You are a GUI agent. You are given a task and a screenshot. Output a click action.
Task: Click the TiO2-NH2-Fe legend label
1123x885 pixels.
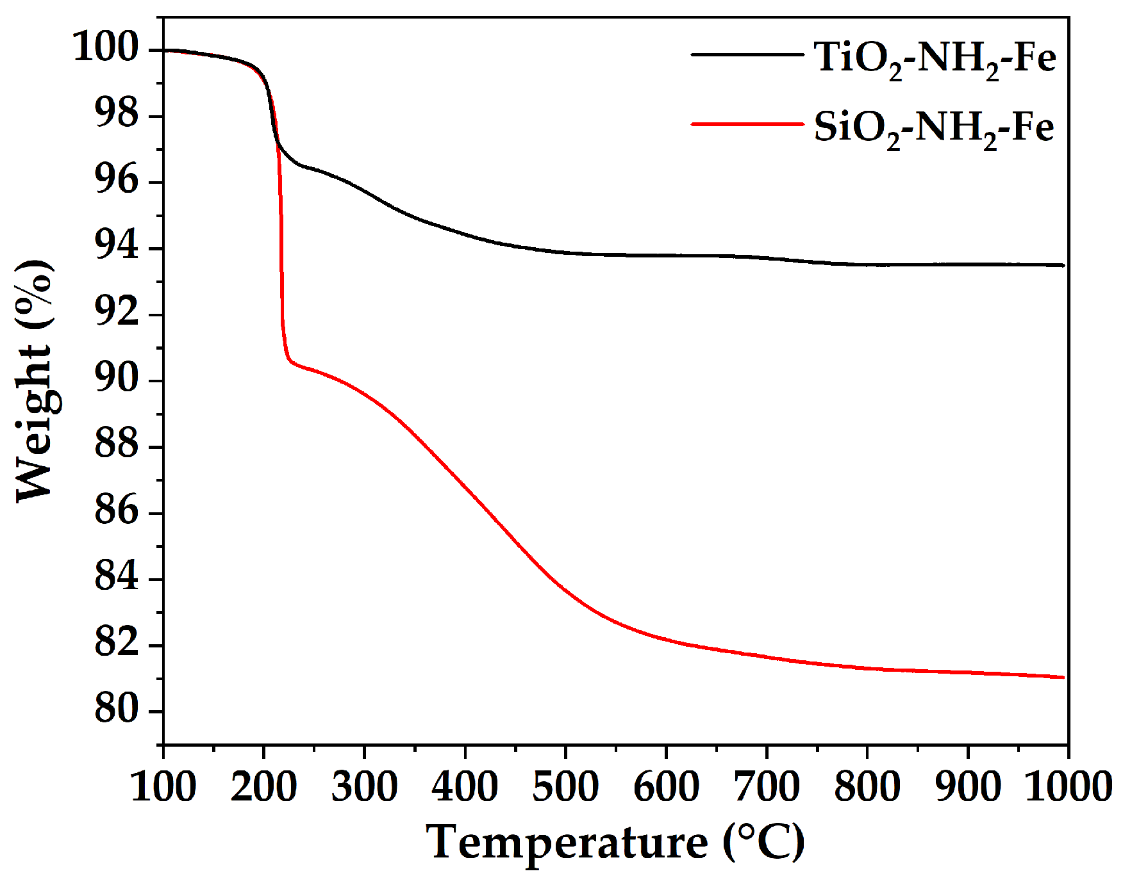coord(935,58)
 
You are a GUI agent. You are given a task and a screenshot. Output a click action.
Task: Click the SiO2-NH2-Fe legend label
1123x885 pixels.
coord(933,127)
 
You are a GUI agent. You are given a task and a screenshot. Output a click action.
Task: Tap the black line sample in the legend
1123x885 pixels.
coord(747,55)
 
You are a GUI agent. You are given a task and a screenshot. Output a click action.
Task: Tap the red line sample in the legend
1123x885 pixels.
coord(747,124)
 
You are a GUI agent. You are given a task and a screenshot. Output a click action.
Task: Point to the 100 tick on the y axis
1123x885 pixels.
coord(106,48)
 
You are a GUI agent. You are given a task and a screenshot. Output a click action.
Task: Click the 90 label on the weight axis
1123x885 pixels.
coord(116,380)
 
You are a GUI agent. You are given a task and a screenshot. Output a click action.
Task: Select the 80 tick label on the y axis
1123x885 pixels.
coord(116,710)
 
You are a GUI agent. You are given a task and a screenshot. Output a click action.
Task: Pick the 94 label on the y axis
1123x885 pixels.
coord(116,247)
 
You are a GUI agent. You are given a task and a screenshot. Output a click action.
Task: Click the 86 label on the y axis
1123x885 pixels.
coord(116,512)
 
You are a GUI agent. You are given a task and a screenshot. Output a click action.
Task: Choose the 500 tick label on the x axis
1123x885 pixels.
coord(565,786)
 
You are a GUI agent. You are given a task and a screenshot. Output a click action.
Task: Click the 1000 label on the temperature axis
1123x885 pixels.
coord(1067,786)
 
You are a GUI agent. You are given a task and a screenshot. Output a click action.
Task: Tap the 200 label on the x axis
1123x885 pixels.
coord(263,786)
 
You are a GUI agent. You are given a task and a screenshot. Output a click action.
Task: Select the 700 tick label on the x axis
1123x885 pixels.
coord(767,786)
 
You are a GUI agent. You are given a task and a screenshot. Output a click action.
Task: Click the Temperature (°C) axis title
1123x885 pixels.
coord(615,843)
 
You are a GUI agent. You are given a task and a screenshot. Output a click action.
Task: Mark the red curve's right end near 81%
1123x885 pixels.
coord(1061,677)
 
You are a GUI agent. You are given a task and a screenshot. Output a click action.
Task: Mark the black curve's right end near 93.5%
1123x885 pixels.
coord(1061,265)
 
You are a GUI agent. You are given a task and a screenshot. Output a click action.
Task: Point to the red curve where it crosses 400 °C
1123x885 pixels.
coord(465,489)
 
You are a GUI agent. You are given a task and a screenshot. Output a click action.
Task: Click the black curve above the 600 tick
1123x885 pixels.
coord(666,256)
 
